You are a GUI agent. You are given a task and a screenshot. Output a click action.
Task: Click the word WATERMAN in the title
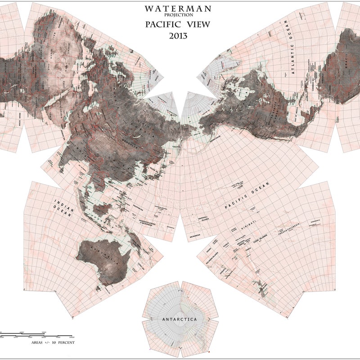177,9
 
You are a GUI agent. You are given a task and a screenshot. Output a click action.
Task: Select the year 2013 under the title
178,36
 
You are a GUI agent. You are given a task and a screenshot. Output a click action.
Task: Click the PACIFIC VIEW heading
177,24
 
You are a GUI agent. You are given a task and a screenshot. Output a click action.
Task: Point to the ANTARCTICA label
180,319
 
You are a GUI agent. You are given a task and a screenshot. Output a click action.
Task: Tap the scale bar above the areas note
36,335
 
